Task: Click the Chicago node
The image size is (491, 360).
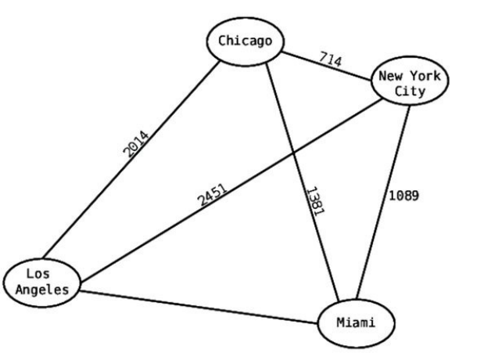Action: pyautogui.click(x=244, y=42)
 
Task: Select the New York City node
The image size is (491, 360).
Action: pyautogui.click(x=409, y=84)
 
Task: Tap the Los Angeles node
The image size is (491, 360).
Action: pyautogui.click(x=42, y=283)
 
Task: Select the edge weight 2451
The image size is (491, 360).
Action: pyautogui.click(x=211, y=196)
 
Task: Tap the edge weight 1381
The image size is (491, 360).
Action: pyautogui.click(x=315, y=200)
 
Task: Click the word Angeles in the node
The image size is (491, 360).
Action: pyautogui.click(x=42, y=290)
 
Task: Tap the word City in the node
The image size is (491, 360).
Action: pyautogui.click(x=409, y=92)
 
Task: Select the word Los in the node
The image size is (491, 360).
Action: pyautogui.click(x=38, y=275)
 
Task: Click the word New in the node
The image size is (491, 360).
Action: pyautogui.click(x=391, y=77)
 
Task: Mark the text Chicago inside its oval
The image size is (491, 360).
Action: pyautogui.click(x=244, y=42)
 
